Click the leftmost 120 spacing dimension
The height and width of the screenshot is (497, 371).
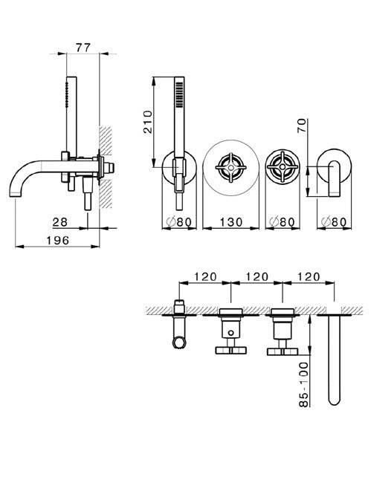point(205,276)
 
